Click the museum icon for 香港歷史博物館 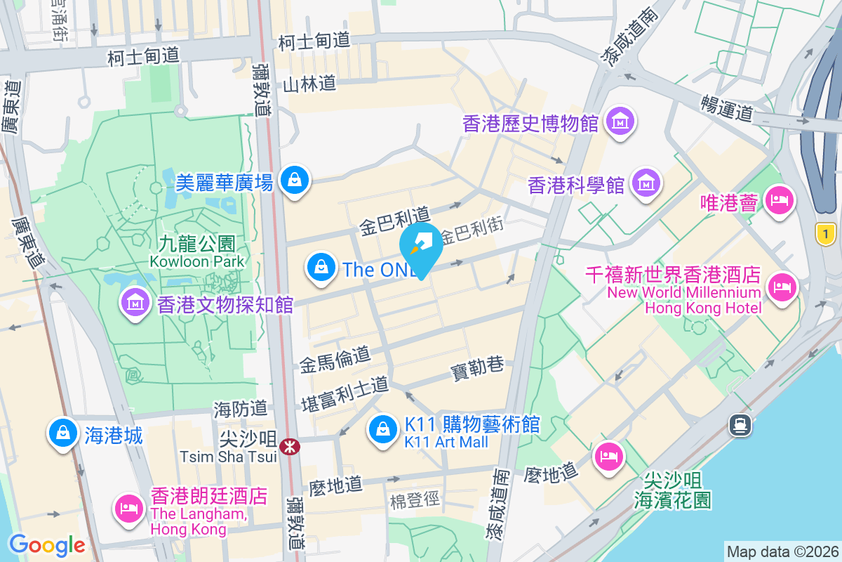[x=621, y=122]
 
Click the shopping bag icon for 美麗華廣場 [x=294, y=181]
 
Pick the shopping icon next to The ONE [x=321, y=268]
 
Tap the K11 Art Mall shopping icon [x=383, y=429]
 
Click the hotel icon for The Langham [x=128, y=507]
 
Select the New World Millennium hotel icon [x=781, y=287]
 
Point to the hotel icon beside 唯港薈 [x=778, y=202]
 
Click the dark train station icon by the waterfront [x=740, y=424]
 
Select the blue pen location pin [x=421, y=246]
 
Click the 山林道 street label [x=309, y=84]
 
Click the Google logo [x=47, y=545]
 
